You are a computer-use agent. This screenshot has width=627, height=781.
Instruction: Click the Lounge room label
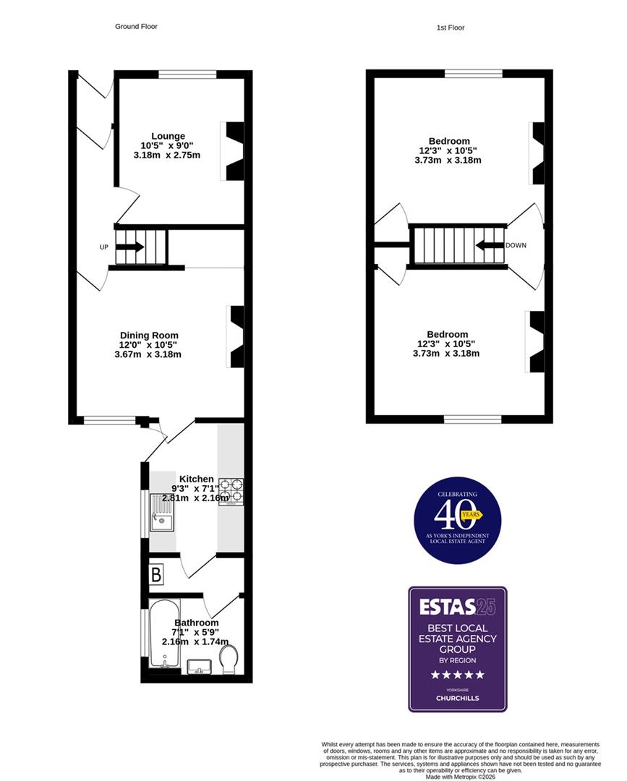click(168, 136)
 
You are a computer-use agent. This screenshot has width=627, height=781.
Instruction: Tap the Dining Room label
click(149, 335)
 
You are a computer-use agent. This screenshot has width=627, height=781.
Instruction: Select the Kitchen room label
click(197, 479)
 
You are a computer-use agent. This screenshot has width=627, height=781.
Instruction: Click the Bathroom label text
click(196, 623)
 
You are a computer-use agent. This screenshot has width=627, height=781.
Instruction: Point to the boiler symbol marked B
click(157, 576)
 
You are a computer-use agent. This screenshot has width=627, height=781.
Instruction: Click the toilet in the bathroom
click(229, 660)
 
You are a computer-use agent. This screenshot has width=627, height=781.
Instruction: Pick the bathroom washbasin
click(197, 665)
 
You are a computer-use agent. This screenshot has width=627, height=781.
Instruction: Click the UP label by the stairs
click(104, 247)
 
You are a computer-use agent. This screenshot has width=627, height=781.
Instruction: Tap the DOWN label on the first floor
click(516, 245)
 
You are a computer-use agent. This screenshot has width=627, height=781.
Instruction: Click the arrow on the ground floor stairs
click(129, 247)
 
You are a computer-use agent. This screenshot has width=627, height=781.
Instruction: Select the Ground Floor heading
click(136, 26)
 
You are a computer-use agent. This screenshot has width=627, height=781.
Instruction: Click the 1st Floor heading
click(451, 27)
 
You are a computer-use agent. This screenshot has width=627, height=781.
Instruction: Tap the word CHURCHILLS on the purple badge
click(457, 698)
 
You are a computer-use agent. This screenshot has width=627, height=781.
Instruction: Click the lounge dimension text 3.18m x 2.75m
click(167, 155)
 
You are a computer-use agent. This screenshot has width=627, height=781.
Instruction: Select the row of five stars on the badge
click(457, 675)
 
